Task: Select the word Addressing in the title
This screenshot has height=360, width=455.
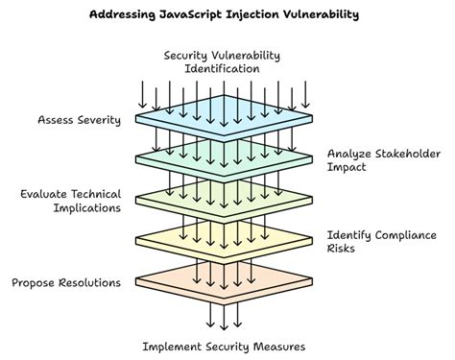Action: click(x=121, y=14)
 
